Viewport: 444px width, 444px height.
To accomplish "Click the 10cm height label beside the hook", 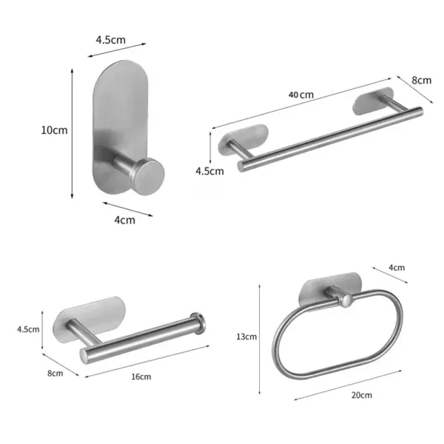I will (x=54, y=129).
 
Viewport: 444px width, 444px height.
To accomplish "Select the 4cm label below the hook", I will (x=125, y=220).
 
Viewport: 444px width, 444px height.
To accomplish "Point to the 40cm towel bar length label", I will (x=301, y=95).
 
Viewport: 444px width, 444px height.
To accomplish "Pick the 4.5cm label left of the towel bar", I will (x=209, y=171).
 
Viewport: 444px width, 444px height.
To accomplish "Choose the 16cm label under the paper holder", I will (x=141, y=377).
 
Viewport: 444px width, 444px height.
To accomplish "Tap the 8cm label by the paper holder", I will (x=55, y=373).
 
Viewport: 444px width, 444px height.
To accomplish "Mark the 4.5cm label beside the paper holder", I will (x=48, y=329).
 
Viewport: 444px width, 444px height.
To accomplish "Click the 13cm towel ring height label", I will (x=246, y=337).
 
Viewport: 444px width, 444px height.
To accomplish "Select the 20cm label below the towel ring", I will (x=361, y=395).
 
